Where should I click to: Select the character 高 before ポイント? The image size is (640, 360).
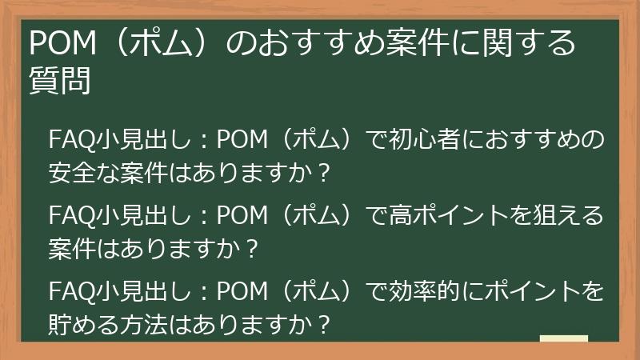(x=403, y=216)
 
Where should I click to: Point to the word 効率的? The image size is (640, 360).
(x=433, y=290)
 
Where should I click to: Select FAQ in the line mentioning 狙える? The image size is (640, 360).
(x=70, y=216)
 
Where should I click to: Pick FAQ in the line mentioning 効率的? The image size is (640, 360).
(x=70, y=290)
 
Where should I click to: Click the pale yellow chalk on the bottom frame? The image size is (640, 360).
(x=563, y=338)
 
